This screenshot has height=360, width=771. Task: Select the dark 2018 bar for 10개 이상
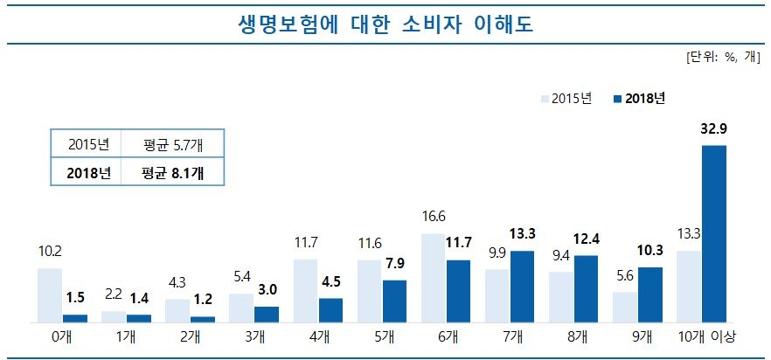tap(714, 234)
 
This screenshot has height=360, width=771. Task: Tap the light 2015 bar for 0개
tap(50, 295)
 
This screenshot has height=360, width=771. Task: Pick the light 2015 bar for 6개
tap(434, 278)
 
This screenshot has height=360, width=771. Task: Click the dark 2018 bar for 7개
tap(522, 287)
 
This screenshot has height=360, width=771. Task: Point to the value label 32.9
tap(714, 129)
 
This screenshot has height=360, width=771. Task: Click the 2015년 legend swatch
tap(545, 98)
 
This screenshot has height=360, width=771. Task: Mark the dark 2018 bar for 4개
tap(330, 310)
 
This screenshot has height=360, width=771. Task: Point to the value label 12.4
tap(586, 239)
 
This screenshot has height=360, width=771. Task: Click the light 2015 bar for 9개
tap(625, 307)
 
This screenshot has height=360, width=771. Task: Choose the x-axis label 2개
tap(190, 336)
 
